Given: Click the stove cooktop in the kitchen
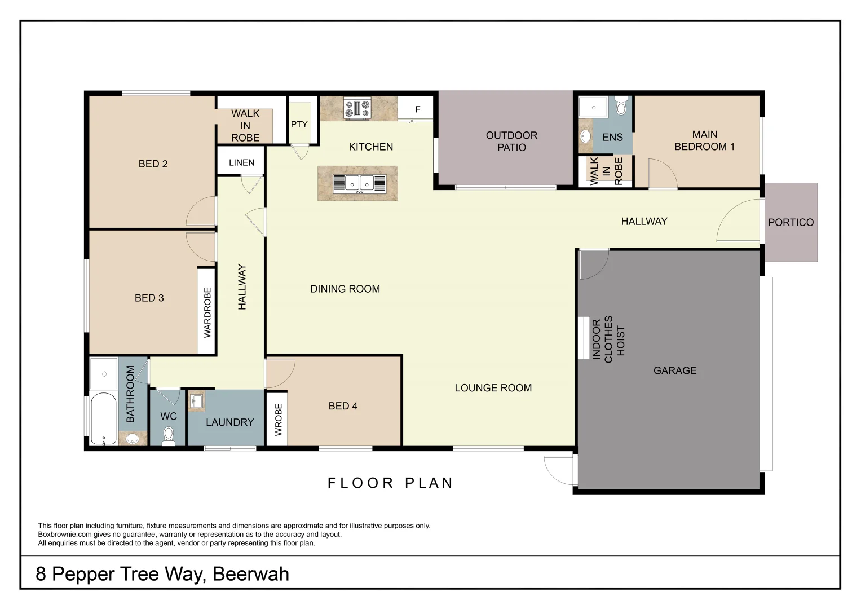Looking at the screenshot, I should pyautogui.click(x=357, y=108).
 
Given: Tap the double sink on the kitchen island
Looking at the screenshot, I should pyautogui.click(x=359, y=183).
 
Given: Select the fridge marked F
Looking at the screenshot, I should pyautogui.click(x=417, y=109).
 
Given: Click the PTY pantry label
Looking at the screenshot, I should pyautogui.click(x=299, y=125).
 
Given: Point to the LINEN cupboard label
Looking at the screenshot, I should pyautogui.click(x=241, y=162).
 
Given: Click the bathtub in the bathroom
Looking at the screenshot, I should pyautogui.click(x=103, y=418).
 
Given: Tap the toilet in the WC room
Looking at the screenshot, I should pyautogui.click(x=169, y=435).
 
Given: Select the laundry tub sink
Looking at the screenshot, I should pyautogui.click(x=196, y=401).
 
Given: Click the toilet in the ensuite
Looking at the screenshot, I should pyautogui.click(x=621, y=107).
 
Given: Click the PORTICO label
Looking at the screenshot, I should pyautogui.click(x=791, y=222).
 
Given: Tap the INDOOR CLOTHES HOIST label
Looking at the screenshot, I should pyautogui.click(x=608, y=339).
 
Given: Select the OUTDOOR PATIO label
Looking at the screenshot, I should pyautogui.click(x=511, y=141).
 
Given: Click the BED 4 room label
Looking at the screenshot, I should pyautogui.click(x=343, y=406).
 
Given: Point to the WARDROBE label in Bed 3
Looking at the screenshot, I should pyautogui.click(x=207, y=312).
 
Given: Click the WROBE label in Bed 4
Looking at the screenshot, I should pyautogui.click(x=278, y=420).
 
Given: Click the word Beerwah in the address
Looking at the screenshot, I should pyautogui.click(x=251, y=574).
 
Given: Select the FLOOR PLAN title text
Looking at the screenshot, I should pyautogui.click(x=390, y=483).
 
